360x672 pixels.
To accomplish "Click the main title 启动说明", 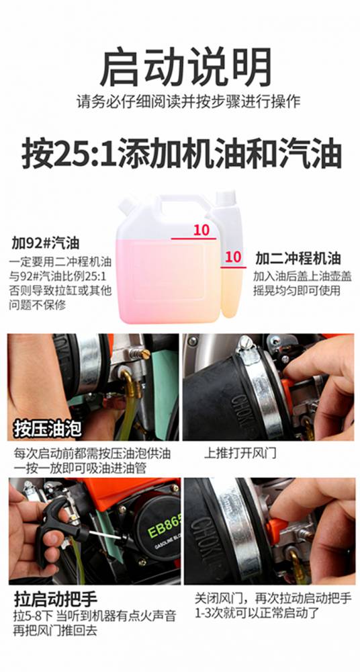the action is coord(185,67).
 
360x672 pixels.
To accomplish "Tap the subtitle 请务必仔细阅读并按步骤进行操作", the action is coord(189,102).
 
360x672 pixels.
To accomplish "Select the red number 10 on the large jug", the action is coord(201,230).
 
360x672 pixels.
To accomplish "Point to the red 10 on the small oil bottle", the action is coord(233,257).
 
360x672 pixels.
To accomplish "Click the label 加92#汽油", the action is coord(46,244).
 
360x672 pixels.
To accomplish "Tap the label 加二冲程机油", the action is coord(298,259).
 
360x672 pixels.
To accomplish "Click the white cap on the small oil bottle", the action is coord(225,198).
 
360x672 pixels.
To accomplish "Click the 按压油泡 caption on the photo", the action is coord(47,428).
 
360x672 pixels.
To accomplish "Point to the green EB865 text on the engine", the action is coord(164,530).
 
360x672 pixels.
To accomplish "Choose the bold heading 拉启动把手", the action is coord(55,599).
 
